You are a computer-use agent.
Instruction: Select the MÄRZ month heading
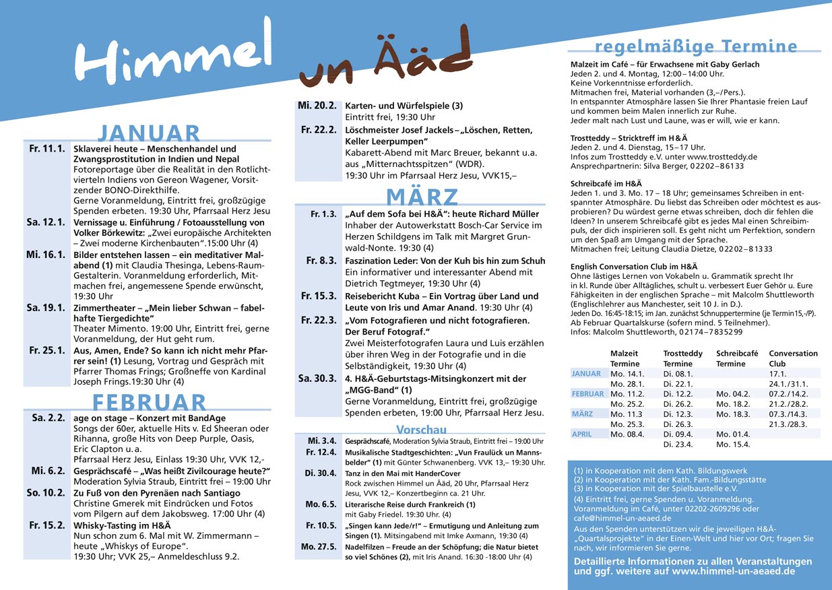coord(422,197)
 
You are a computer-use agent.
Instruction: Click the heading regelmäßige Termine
coord(696,46)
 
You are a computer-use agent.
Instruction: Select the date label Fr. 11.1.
coord(47,149)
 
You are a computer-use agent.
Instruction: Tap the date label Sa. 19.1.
coord(46,308)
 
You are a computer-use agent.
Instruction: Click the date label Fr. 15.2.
coord(47,524)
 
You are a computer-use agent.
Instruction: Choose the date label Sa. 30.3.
coord(317,379)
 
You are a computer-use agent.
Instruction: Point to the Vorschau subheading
coord(421,430)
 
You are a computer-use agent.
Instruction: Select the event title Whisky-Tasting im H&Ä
coord(122,524)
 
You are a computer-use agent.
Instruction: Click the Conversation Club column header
coord(793,358)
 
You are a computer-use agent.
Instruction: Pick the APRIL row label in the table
coord(582,434)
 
